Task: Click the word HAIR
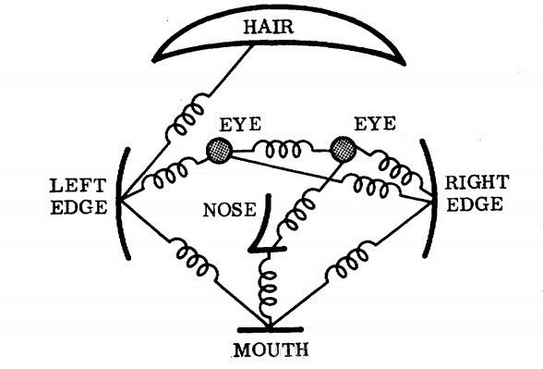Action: (x=269, y=27)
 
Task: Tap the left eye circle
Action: (x=219, y=150)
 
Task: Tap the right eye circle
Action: (x=344, y=150)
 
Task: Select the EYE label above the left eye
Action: (x=240, y=125)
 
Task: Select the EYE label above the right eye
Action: (x=375, y=124)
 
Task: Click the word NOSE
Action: (x=230, y=210)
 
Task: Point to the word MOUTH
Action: (x=271, y=350)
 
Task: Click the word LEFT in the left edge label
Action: (x=78, y=186)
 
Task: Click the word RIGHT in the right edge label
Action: (x=477, y=182)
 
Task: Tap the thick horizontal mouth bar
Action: (x=270, y=329)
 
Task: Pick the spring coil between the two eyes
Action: (x=283, y=149)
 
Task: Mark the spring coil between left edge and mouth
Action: (x=194, y=258)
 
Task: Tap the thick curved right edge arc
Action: (x=430, y=199)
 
